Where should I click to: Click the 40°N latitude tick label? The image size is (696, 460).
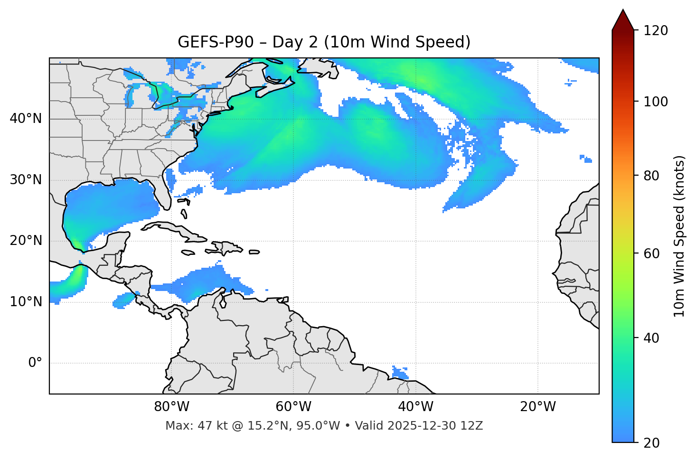tap(26, 119)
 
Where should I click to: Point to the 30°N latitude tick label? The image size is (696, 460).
tap(26, 180)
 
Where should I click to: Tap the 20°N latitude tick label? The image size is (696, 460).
tap(26, 241)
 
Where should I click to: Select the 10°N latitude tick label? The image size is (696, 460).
tap(26, 302)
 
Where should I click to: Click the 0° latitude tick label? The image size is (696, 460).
tap(35, 363)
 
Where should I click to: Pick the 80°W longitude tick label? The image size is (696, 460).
tap(171, 407)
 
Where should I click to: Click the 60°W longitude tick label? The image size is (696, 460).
tap(293, 407)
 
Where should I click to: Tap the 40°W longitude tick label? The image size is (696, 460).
tap(415, 407)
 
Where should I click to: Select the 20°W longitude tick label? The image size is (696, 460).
tap(537, 407)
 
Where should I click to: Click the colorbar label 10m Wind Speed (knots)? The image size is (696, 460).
tap(679, 236)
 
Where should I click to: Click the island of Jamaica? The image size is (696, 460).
tap(188, 253)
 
